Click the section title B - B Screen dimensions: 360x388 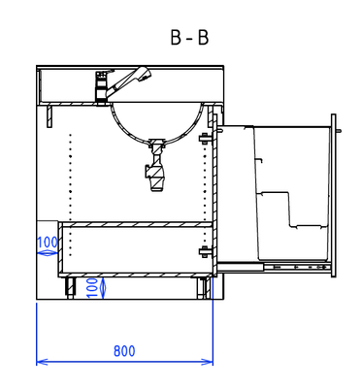click(189, 38)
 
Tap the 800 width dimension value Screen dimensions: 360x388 click(124, 351)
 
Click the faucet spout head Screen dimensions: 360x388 click(144, 74)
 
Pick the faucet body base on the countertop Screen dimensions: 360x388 click(102, 88)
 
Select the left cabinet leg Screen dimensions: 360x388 click(71, 288)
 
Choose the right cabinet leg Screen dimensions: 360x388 click(203, 288)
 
